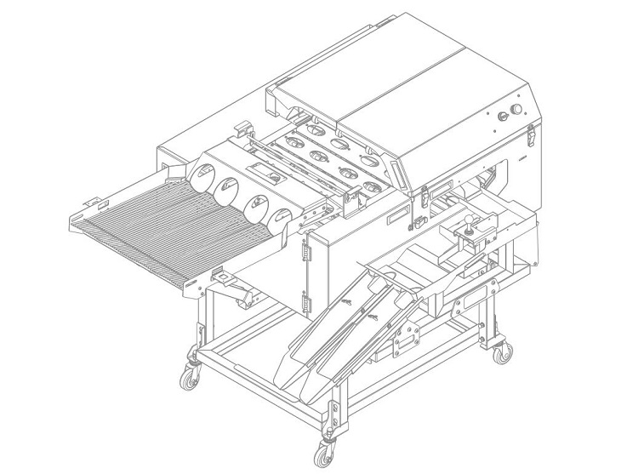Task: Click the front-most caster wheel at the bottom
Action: tap(324, 453)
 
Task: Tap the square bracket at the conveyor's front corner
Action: tap(222, 277)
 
